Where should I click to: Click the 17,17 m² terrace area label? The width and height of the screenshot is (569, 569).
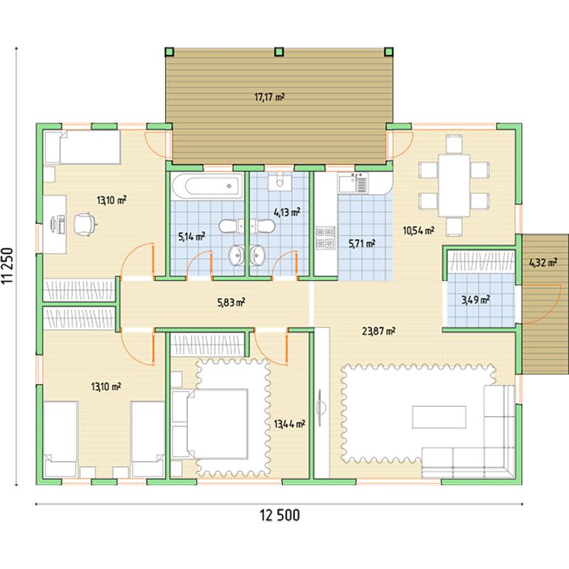tap(270, 97)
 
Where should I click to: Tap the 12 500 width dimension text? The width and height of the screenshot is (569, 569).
tap(280, 515)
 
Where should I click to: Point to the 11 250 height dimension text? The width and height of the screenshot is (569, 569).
tap(7, 265)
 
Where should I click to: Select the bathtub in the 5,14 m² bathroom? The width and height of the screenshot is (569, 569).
tap(207, 186)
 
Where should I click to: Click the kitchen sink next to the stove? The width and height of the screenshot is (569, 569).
tap(353, 183)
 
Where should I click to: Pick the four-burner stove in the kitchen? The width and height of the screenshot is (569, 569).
tap(326, 238)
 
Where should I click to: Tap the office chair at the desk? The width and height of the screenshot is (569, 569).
tap(85, 224)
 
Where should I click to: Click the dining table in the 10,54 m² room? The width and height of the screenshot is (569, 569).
tap(454, 186)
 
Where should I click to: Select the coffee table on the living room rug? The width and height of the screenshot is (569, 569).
tap(439, 417)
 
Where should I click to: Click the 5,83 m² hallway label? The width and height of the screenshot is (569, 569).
tap(231, 302)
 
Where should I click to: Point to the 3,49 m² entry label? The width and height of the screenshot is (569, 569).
tap(476, 299)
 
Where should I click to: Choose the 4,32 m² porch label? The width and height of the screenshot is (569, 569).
tap(543, 262)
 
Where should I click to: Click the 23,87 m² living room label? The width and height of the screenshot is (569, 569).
tap(378, 331)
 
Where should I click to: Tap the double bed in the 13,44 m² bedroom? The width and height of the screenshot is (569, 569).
tap(210, 424)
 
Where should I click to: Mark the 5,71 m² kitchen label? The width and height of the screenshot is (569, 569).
tap(362, 243)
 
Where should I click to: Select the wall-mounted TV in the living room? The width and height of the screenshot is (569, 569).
tap(319, 408)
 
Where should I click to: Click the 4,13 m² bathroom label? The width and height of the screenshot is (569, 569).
tap(287, 212)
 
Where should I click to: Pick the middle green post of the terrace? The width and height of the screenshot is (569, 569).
tap(279, 51)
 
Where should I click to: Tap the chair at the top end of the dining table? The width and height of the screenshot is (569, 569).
tap(454, 144)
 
